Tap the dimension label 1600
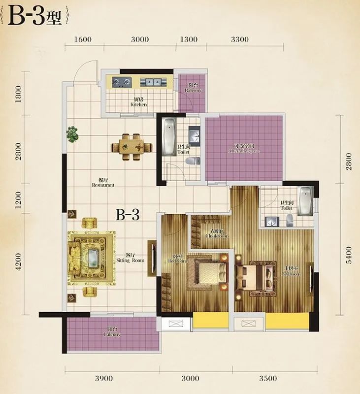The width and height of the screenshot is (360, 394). (x=84, y=39)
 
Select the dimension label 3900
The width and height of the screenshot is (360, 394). (x=104, y=378)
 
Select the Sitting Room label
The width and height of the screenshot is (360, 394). (x=131, y=258)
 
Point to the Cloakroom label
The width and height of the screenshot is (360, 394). (x=217, y=233)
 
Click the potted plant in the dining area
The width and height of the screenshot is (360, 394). (x=72, y=133)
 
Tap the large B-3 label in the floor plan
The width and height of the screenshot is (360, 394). (x=128, y=215)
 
